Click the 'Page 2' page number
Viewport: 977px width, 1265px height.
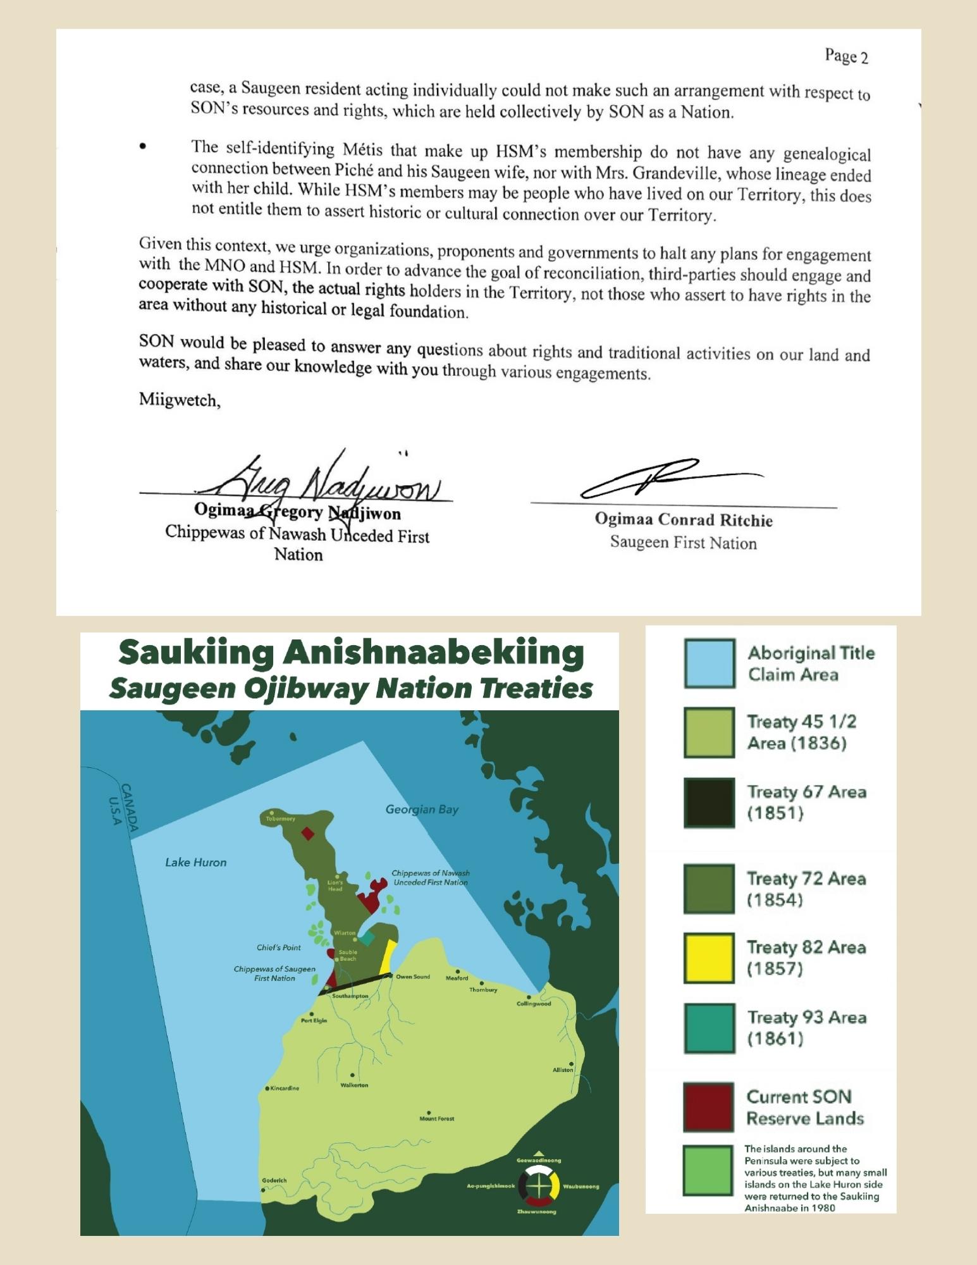click(x=846, y=57)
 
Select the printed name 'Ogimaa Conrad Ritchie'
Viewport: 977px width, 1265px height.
click(x=683, y=520)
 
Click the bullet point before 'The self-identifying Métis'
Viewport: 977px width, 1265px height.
click(x=143, y=147)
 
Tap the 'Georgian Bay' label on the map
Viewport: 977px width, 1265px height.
click(x=422, y=810)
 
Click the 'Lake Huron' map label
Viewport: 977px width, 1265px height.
click(x=195, y=862)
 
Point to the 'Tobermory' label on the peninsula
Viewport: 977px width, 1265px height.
click(x=280, y=818)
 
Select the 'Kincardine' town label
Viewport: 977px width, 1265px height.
click(x=284, y=1089)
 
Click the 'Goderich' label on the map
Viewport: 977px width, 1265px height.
click(x=274, y=1180)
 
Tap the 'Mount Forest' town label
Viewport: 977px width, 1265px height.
click(x=436, y=1118)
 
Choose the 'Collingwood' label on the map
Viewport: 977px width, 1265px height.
click(x=534, y=1004)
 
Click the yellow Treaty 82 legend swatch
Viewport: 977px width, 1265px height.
click(x=709, y=958)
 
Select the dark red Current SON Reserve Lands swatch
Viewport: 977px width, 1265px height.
click(x=709, y=1107)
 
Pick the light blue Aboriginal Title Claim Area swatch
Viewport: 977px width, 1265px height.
click(x=709, y=663)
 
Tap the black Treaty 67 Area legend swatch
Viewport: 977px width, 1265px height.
click(x=709, y=803)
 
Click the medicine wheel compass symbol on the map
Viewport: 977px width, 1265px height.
click(x=538, y=1186)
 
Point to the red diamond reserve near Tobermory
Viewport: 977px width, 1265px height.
click(x=307, y=834)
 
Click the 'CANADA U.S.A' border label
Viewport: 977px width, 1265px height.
click(x=121, y=805)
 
